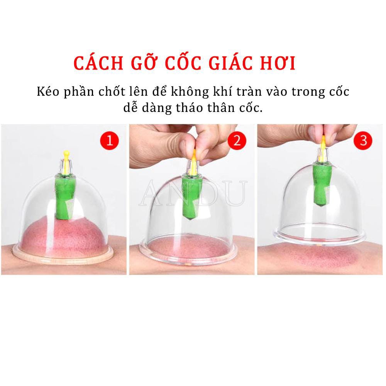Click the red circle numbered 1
pos(110,140)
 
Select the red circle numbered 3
pos(363,140)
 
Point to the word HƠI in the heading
pos(276,63)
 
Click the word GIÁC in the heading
pos(223,63)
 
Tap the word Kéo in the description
pos(47,92)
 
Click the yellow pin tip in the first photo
pos(66,154)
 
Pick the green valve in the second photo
pos(191,197)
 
